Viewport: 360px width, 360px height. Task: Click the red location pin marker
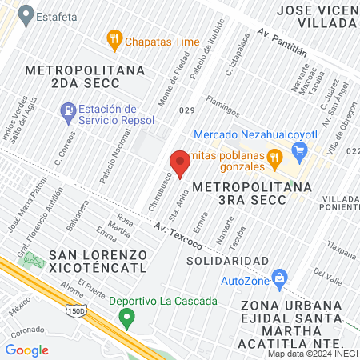point(181,163)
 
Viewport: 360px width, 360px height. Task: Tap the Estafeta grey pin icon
point(26,14)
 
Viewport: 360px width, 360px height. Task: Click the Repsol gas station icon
point(69,111)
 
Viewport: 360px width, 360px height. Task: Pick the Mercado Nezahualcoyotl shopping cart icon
point(300,149)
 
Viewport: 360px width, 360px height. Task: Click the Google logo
point(26,350)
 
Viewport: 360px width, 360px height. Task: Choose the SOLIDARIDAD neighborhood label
point(227,261)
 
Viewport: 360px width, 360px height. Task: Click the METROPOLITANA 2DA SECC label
point(86,78)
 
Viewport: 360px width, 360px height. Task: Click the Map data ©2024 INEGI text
point(313,354)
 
